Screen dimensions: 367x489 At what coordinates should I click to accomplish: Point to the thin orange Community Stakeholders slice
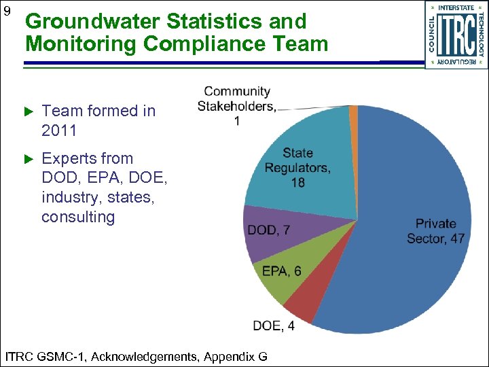click(x=353, y=112)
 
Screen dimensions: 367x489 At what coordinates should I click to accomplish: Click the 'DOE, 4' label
click(x=273, y=326)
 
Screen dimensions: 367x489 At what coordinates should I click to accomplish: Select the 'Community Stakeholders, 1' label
click(x=237, y=106)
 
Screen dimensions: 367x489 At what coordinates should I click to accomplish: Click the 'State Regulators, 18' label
click(x=297, y=168)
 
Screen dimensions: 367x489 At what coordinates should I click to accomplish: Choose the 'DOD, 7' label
click(x=268, y=230)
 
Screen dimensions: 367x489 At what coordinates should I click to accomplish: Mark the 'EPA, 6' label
click(x=281, y=271)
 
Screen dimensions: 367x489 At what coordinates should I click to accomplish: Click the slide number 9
click(x=7, y=12)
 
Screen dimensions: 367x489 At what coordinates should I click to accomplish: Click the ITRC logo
click(x=456, y=35)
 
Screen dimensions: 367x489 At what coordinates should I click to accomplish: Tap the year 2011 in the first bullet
click(x=59, y=130)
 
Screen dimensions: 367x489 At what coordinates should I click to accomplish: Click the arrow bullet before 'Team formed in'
click(x=28, y=111)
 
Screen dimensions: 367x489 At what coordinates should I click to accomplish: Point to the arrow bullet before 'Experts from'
click(x=28, y=158)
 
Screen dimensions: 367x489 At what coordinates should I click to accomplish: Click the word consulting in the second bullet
click(x=78, y=217)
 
